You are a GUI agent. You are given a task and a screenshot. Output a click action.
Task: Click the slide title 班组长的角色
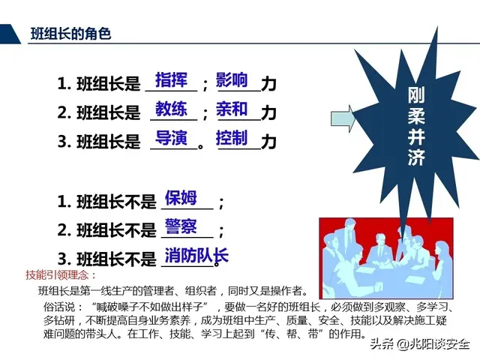coord(70,33)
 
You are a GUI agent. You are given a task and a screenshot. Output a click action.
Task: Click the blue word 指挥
coord(171,79)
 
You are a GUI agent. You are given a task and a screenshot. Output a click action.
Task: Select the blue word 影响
coord(232,79)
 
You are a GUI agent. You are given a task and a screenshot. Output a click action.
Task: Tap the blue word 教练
coord(171,109)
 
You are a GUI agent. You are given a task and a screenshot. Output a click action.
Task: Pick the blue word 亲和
coord(232,109)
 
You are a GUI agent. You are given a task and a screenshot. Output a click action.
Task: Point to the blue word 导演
coord(171,138)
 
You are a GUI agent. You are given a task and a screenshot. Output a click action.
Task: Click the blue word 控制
coord(232,138)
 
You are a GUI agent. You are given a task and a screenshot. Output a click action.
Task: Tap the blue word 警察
coord(181,226)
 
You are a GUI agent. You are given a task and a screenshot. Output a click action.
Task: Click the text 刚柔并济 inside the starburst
coord(417,127)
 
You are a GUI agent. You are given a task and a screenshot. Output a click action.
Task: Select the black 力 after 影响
coord(268,84)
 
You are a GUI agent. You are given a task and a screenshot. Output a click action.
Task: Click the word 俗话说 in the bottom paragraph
coord(59,306)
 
